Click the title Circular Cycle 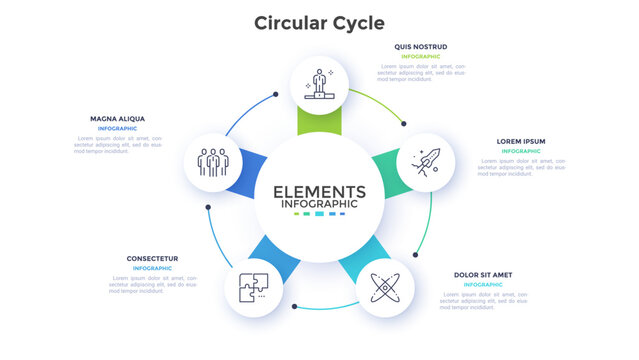(319, 22)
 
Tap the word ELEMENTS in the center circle (319, 191)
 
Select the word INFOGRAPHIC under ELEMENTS (319, 204)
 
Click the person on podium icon (320, 84)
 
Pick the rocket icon (424, 162)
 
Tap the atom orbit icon (384, 288)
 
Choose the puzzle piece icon (252, 288)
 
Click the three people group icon (214, 161)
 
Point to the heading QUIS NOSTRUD (420, 46)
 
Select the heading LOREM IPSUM (521, 141)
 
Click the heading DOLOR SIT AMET (483, 274)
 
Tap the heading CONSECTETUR (152, 258)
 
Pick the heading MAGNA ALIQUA (118, 118)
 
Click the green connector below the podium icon (320, 122)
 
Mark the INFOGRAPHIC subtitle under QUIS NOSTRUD (420, 57)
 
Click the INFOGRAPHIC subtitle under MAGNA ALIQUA (118, 129)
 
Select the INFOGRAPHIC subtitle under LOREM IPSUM (521, 151)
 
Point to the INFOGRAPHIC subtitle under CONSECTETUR (152, 268)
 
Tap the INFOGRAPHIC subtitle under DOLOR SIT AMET (483, 284)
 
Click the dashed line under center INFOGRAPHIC (319, 214)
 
